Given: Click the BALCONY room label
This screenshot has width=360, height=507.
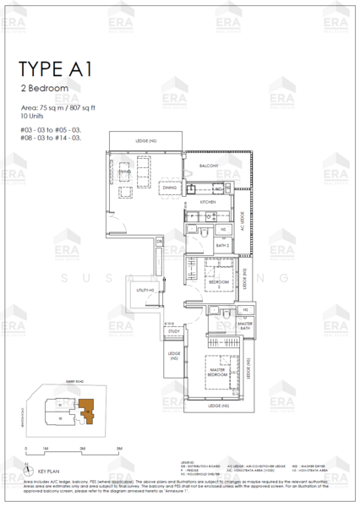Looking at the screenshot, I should point(209,166).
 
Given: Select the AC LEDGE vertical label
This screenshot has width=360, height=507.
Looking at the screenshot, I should point(242,221).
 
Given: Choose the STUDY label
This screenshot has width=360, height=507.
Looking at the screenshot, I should point(174,331).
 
